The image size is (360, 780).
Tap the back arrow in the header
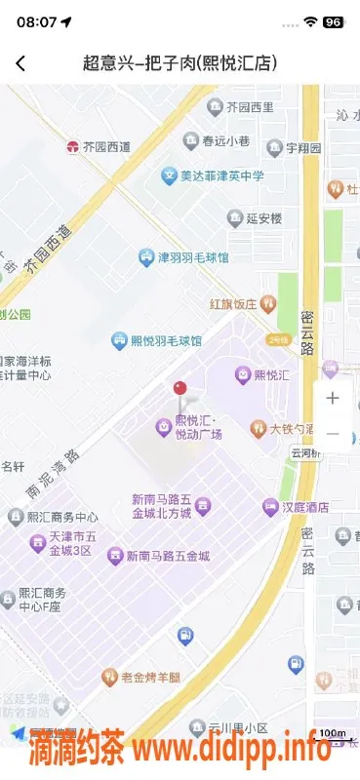20,63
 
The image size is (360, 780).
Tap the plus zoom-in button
333,398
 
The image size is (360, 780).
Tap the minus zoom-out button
333,433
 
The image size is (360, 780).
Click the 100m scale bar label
333,733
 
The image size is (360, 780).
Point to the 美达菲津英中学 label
213,176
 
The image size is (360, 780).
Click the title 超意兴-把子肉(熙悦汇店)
180,63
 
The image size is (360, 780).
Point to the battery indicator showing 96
333,21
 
